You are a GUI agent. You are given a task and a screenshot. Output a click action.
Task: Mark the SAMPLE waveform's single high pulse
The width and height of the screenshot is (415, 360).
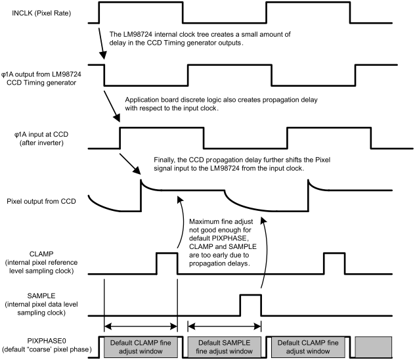click(250, 304)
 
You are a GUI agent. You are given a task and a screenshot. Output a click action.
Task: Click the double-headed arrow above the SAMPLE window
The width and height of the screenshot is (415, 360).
click(224, 325)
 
